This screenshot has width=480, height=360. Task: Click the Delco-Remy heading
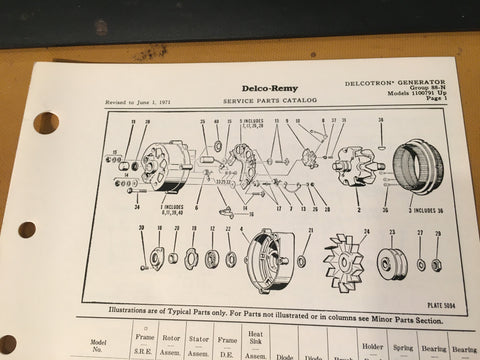coord(243,88)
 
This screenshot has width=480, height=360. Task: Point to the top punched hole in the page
coord(45,123)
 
